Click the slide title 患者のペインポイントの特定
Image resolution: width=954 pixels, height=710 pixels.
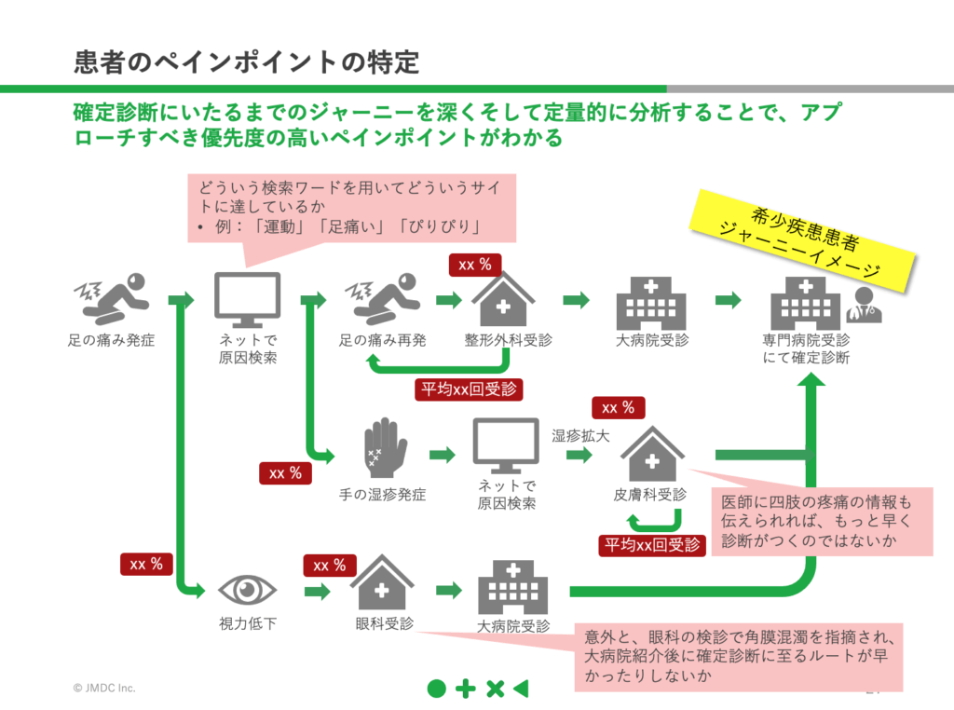246,62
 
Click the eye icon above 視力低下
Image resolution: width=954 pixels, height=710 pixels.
248,589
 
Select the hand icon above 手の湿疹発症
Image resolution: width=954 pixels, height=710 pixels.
384,448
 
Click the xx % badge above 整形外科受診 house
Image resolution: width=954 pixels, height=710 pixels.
475,265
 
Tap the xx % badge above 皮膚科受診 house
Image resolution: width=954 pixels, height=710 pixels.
619,408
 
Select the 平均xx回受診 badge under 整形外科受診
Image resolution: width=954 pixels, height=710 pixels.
469,389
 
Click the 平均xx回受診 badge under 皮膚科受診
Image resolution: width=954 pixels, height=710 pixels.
652,544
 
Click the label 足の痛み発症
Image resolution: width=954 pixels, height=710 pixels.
111,340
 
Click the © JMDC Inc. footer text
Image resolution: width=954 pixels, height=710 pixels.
104,688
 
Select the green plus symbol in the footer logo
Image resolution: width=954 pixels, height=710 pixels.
466,690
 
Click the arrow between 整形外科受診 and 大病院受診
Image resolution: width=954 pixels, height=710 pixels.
577,299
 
